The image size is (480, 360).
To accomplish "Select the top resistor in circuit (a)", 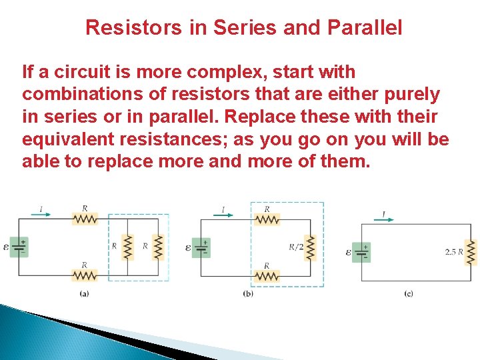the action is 85,219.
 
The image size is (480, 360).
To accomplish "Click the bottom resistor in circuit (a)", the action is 85,275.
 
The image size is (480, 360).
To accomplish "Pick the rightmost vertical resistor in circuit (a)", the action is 158,247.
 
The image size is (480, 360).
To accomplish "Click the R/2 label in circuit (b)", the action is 296,247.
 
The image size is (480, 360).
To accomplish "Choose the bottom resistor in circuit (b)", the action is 267,275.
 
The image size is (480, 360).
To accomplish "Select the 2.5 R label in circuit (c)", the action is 453,252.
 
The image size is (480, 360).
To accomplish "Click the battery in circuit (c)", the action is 361,252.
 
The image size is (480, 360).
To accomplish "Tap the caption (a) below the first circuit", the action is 85,293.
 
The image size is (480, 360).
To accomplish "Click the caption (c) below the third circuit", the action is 409,293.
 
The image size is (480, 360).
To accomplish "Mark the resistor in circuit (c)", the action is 471,252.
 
